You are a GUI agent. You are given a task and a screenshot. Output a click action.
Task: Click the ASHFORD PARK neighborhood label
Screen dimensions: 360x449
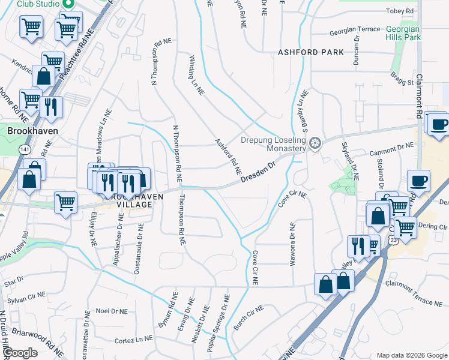(x=311, y=52)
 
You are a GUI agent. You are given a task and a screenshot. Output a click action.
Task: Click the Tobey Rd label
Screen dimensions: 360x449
(x=402, y=11)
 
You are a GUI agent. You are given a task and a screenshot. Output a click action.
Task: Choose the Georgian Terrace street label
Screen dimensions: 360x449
(x=354, y=29)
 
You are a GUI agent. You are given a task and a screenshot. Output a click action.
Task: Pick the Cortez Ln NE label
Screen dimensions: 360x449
(x=133, y=340)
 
